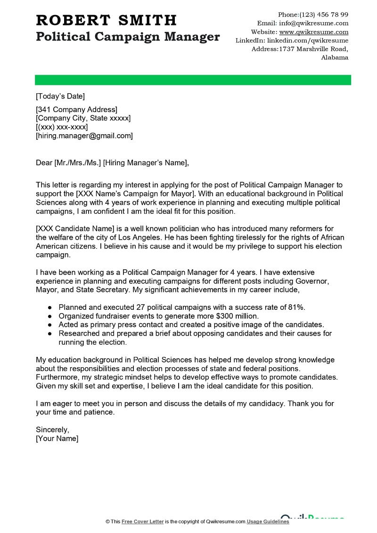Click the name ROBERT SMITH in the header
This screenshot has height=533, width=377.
tap(106, 20)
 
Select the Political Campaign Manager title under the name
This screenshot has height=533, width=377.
tap(128, 37)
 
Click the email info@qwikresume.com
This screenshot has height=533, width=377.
tap(313, 23)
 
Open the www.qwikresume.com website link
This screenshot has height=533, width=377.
tap(313, 32)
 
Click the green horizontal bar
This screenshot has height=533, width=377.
tap(193, 80)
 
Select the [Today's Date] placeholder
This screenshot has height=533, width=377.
tap(60, 97)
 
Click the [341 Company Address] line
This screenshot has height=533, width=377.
tap(76, 110)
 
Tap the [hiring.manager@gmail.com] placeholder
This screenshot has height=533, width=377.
tap(84, 136)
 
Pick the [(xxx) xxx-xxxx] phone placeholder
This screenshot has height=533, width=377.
tap(62, 127)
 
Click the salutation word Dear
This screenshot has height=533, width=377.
tap(44, 163)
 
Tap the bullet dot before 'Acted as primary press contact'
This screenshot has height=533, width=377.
tap(49, 325)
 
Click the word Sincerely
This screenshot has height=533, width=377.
tap(52, 429)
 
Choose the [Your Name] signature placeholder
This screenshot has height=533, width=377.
tap(57, 438)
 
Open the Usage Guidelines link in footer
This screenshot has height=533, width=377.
tap(268, 522)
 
